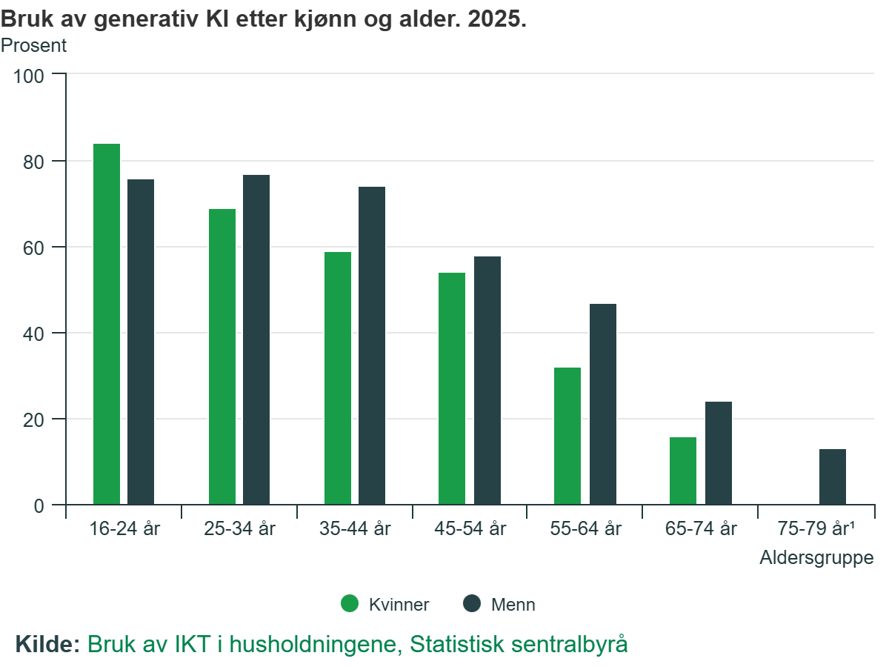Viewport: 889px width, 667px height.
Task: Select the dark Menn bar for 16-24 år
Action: click(141, 342)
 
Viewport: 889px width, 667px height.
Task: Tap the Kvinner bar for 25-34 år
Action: click(222, 356)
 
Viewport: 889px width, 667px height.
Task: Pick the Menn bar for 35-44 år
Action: click(372, 345)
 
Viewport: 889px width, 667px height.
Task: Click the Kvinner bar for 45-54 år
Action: click(452, 388)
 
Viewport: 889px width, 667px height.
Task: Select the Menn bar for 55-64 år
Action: click(603, 404)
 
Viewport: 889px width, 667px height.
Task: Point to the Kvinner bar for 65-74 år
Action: click(683, 471)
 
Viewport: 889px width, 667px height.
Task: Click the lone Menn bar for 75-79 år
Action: click(833, 477)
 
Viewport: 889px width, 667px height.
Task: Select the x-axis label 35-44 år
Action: click(355, 529)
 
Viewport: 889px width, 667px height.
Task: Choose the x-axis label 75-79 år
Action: click(816, 529)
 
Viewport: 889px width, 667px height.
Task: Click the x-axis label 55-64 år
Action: click(586, 529)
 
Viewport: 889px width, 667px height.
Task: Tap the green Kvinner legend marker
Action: click(350, 604)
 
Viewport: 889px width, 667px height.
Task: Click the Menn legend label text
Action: click(513, 605)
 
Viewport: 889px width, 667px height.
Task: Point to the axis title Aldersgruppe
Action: click(816, 558)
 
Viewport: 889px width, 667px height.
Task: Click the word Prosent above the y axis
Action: click(33, 46)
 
